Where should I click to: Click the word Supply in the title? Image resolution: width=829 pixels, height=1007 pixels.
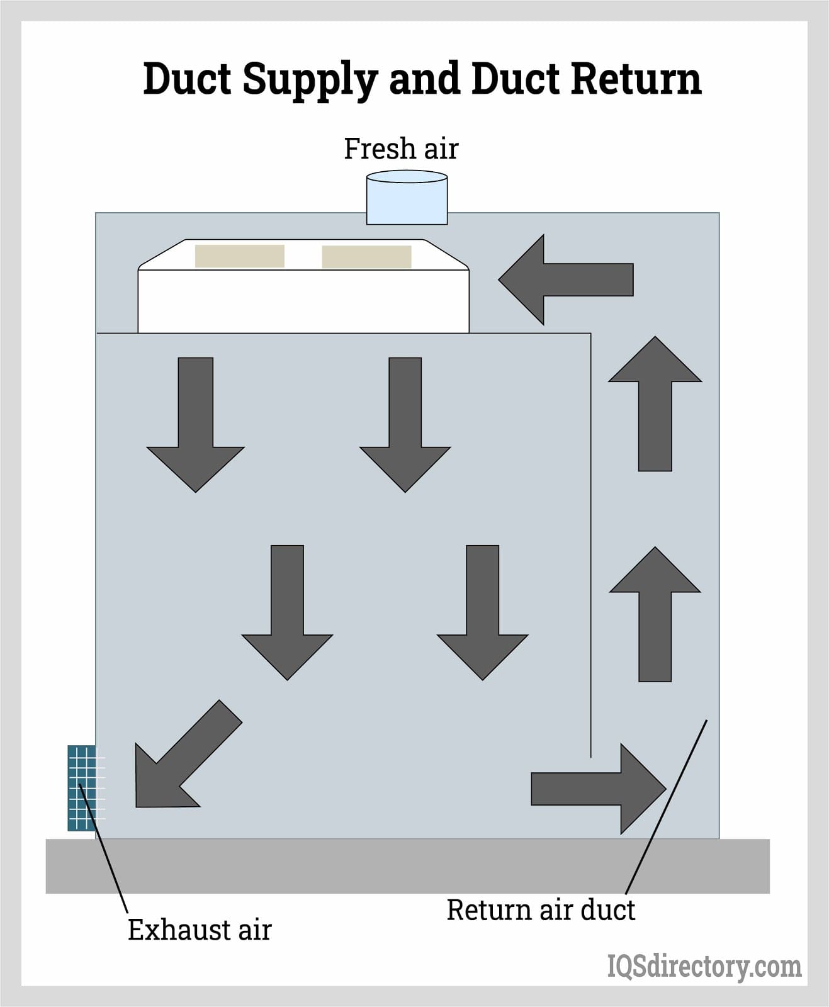click(x=309, y=80)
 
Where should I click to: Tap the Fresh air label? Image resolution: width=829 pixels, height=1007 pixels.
click(x=401, y=149)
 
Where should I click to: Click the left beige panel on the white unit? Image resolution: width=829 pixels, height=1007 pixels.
click(x=239, y=256)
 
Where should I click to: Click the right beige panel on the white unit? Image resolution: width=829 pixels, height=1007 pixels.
click(x=366, y=257)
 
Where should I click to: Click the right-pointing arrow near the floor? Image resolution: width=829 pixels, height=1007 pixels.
click(x=599, y=789)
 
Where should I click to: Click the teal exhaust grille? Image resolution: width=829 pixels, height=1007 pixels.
click(x=82, y=788)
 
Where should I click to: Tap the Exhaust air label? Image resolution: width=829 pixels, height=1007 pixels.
click(x=200, y=930)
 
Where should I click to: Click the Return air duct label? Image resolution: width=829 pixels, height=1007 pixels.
click(x=541, y=910)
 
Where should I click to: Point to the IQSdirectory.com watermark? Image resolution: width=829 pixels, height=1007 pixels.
click(x=704, y=966)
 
